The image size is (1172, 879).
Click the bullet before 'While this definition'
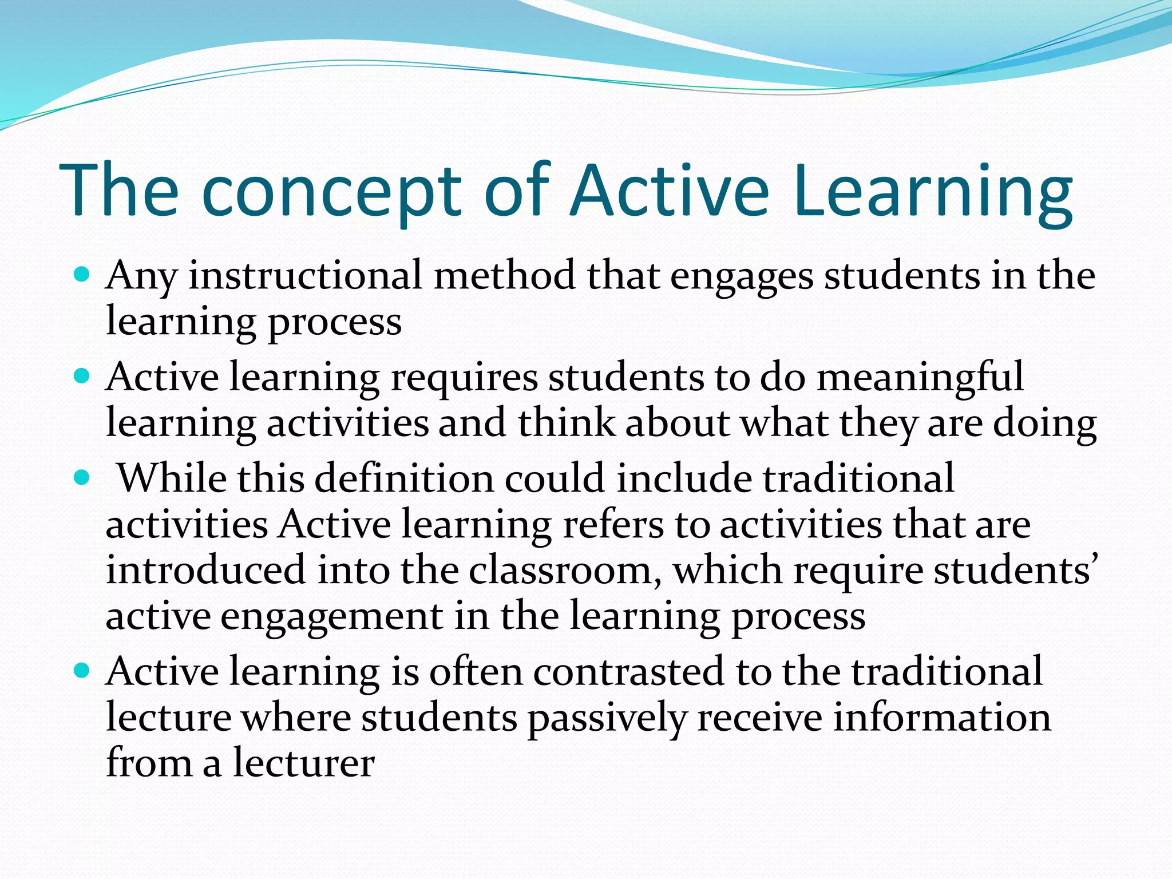pos(82,477)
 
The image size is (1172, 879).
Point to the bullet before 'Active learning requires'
pos(82,377)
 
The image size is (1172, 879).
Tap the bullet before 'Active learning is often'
pos(82,670)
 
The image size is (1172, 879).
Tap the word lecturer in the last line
pos(303,763)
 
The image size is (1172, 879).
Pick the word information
pos(941,718)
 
